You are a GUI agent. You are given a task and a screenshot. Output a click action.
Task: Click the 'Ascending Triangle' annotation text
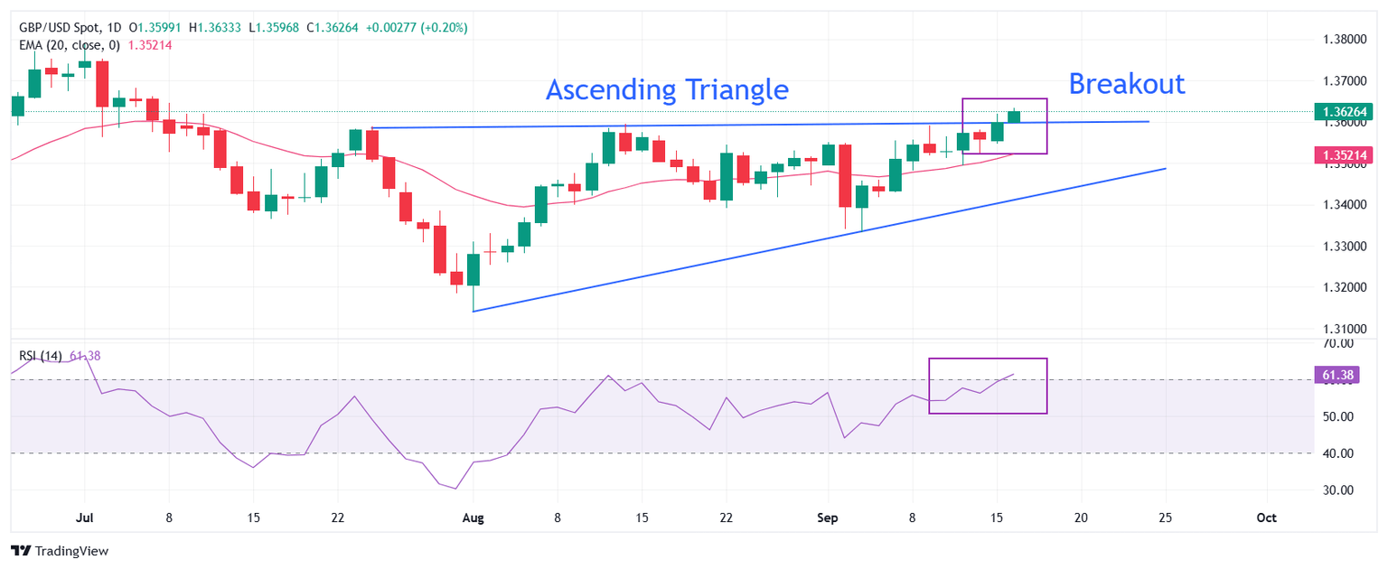pyautogui.click(x=667, y=90)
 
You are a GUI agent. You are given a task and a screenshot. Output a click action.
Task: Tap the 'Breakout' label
pyautogui.click(x=1126, y=84)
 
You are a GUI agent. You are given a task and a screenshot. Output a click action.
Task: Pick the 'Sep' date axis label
pyautogui.click(x=828, y=518)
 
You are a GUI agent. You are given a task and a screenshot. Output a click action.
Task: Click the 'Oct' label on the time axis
pyautogui.click(x=1266, y=518)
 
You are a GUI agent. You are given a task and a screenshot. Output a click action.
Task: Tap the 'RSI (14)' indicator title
pyautogui.click(x=40, y=356)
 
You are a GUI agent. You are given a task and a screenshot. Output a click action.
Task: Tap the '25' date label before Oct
pyautogui.click(x=1165, y=518)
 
